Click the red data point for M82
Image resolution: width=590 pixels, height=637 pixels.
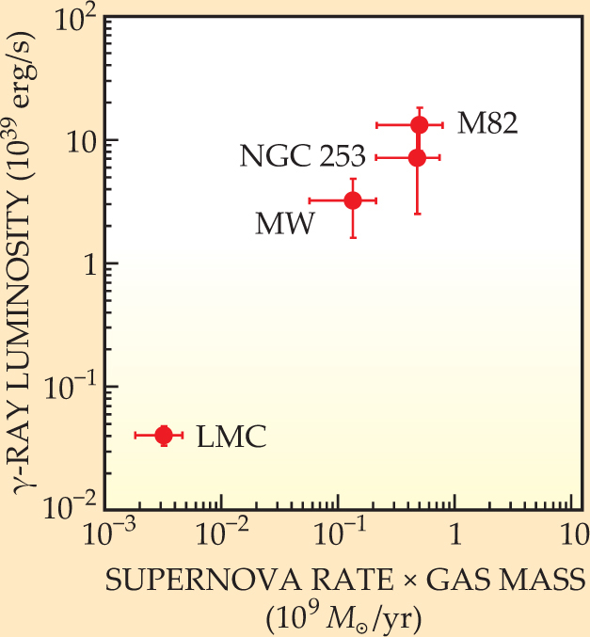[420, 124]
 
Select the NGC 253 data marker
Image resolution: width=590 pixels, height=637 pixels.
[417, 157]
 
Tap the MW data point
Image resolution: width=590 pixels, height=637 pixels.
[353, 199]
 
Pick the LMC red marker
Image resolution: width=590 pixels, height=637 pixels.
[164, 435]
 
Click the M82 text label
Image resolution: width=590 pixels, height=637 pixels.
[487, 123]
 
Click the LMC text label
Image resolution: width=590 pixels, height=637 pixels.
[231, 437]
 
